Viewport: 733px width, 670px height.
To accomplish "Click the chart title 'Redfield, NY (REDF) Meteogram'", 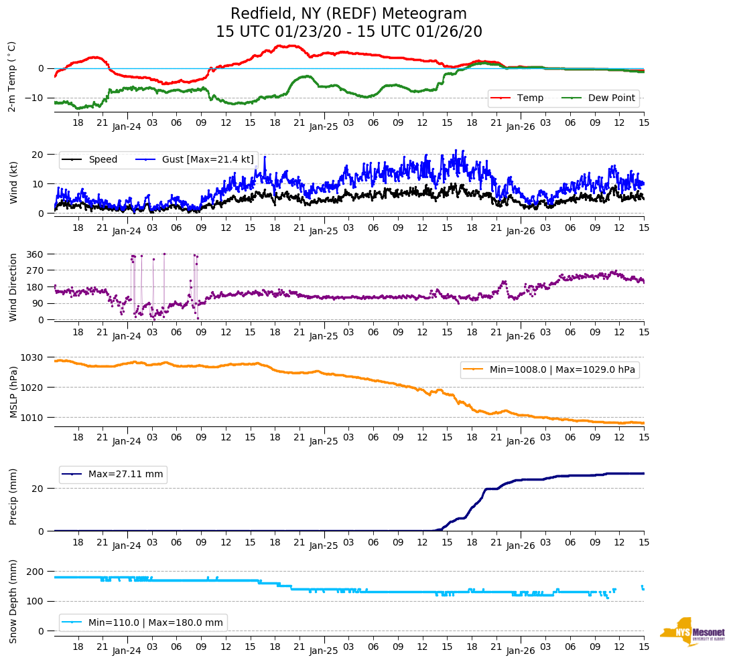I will [348, 14].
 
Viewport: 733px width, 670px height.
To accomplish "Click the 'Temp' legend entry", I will [530, 98].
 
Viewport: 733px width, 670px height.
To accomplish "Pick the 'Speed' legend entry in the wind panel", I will [103, 159].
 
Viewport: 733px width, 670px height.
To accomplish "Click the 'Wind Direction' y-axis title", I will [13, 286].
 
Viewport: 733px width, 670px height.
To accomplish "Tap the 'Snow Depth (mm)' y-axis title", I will [13, 600].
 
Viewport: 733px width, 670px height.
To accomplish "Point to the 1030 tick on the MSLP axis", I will [33, 357].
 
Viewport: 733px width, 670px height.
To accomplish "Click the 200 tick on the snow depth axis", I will [36, 572].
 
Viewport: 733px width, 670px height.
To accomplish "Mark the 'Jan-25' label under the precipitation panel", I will [324, 546].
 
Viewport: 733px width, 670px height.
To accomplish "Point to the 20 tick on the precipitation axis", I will [39, 489].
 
